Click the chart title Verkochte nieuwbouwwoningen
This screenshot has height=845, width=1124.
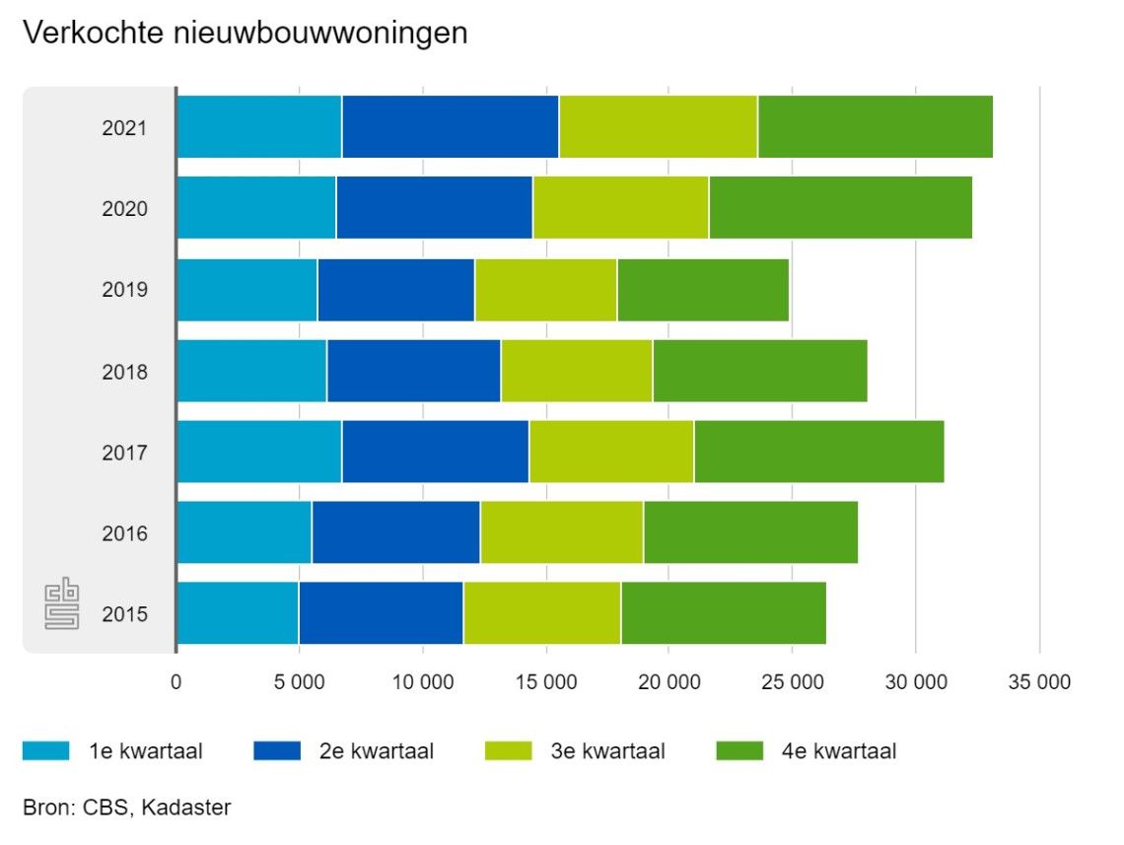click(x=245, y=34)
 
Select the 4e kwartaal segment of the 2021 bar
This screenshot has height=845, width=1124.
click(x=875, y=127)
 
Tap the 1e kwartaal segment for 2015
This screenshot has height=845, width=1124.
click(x=238, y=613)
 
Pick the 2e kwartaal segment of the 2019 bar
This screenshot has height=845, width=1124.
click(x=395, y=290)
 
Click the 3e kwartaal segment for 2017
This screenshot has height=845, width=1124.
click(x=611, y=452)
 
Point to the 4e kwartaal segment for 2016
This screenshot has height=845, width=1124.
click(x=750, y=532)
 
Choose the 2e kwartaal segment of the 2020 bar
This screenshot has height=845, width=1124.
click(x=434, y=208)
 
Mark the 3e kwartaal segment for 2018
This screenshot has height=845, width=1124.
click(x=577, y=371)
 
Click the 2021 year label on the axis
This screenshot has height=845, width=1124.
click(x=124, y=128)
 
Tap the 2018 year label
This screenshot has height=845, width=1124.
click(x=124, y=372)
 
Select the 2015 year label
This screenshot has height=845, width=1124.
click(x=124, y=614)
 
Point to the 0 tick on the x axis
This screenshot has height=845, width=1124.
click(x=176, y=682)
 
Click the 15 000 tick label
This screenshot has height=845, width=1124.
click(x=546, y=682)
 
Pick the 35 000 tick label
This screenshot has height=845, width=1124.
click(x=1039, y=682)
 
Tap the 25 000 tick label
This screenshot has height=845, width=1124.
click(x=793, y=682)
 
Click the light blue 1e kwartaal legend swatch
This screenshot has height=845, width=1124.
click(x=45, y=751)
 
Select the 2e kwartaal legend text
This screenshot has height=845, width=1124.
click(x=376, y=751)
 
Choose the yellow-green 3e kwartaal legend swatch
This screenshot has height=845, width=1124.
click(x=509, y=751)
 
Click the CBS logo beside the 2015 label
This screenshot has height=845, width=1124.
click(x=61, y=605)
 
